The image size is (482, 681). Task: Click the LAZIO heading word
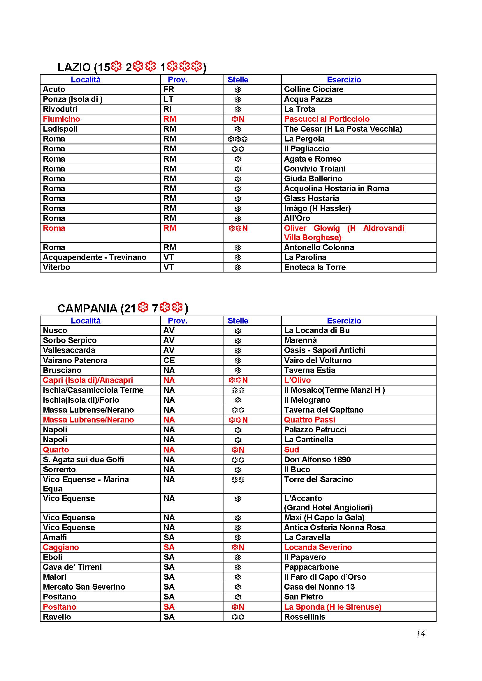tap(74, 68)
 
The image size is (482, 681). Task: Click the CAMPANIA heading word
tap(87, 309)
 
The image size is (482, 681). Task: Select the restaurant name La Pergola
tap(304, 139)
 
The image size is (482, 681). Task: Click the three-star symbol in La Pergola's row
tap(238, 139)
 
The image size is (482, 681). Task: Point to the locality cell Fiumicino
tap(61, 119)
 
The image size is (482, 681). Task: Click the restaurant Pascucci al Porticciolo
tap(326, 119)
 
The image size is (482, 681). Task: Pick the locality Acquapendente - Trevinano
tap(94, 257)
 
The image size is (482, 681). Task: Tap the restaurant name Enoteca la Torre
tap(315, 267)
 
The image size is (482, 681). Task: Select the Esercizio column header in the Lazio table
tap(344, 79)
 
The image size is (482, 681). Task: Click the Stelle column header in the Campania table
tap(238, 321)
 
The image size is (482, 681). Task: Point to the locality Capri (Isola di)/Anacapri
tap(87, 380)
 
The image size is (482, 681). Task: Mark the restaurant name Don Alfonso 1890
tap(317, 459)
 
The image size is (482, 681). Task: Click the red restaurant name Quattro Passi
tap(309, 420)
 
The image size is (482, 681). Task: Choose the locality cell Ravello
tap(57, 617)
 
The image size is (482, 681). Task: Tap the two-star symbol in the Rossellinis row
tap(238, 617)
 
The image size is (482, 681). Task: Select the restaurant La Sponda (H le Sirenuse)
tap(333, 607)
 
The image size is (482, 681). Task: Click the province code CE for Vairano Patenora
tap(169, 360)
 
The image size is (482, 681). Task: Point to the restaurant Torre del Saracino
tap(318, 479)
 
